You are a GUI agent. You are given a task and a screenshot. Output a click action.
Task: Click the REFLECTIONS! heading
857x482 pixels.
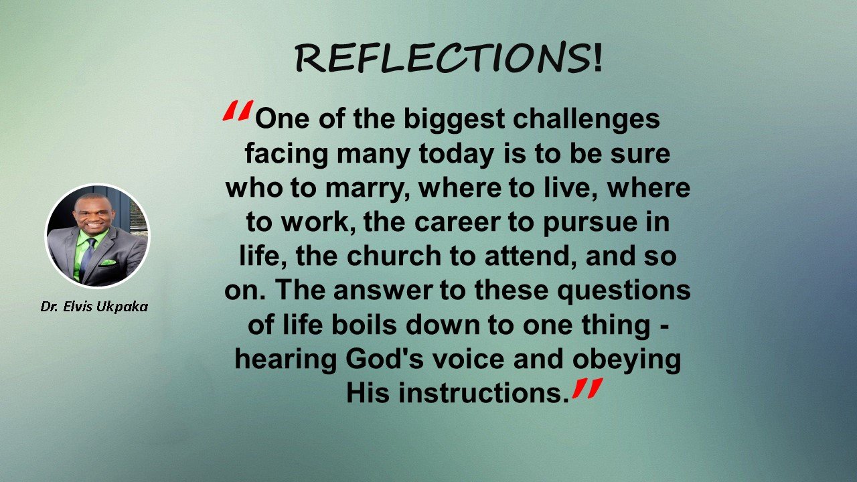click(x=448, y=58)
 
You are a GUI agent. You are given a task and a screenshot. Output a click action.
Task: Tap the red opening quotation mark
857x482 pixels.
click(x=238, y=110)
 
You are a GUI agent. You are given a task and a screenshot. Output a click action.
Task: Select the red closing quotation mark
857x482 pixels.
click(x=587, y=388)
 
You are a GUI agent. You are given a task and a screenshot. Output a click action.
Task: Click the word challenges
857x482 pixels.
click(x=586, y=120)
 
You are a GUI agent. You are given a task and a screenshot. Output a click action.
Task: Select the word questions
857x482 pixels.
click(x=624, y=291)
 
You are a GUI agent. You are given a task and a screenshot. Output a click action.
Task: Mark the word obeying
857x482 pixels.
click(x=627, y=360)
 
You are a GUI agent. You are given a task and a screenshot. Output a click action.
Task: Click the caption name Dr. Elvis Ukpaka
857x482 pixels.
click(x=94, y=307)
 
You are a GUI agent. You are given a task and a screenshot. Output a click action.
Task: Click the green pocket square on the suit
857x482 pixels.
click(x=108, y=263)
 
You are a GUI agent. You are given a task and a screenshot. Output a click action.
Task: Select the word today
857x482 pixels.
click(x=456, y=155)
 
